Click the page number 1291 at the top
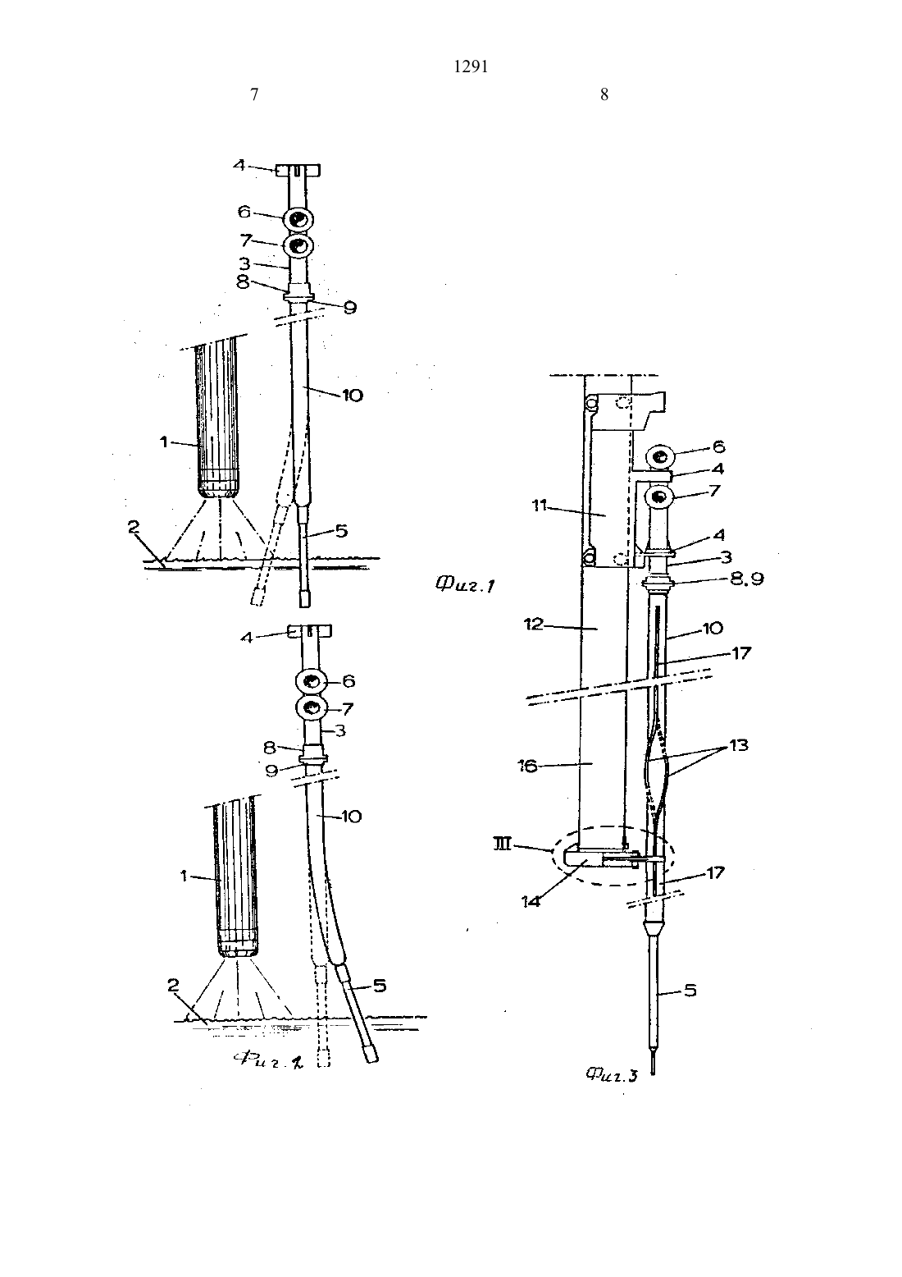[471, 67]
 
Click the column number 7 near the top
[254, 94]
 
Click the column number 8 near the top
[604, 94]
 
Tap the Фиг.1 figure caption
[465, 584]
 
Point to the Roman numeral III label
[503, 843]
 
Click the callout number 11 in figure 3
[540, 505]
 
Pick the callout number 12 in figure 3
[534, 625]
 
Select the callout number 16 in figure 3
[528, 766]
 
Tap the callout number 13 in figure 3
[739, 745]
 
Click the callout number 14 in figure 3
[531, 901]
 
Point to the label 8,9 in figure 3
[746, 579]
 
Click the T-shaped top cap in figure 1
[298, 170]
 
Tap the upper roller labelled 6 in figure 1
[298, 219]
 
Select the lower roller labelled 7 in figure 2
[311, 708]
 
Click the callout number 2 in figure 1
[133, 528]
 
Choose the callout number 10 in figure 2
[352, 817]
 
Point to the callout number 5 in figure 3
[690, 991]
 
